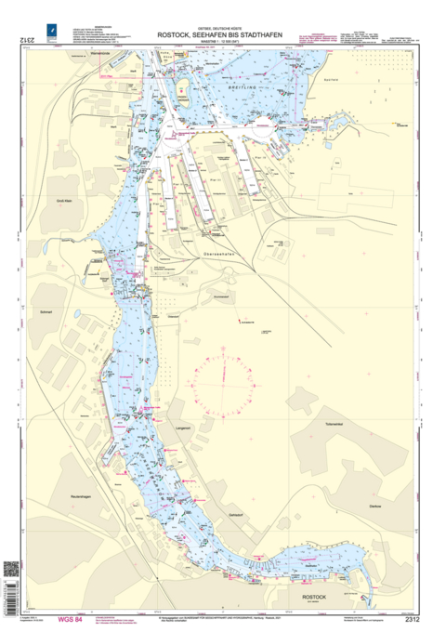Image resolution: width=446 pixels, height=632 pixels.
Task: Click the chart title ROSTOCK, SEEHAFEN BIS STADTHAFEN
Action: click(x=222, y=35)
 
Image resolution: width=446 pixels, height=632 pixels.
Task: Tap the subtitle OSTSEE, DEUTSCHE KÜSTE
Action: click(x=222, y=28)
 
